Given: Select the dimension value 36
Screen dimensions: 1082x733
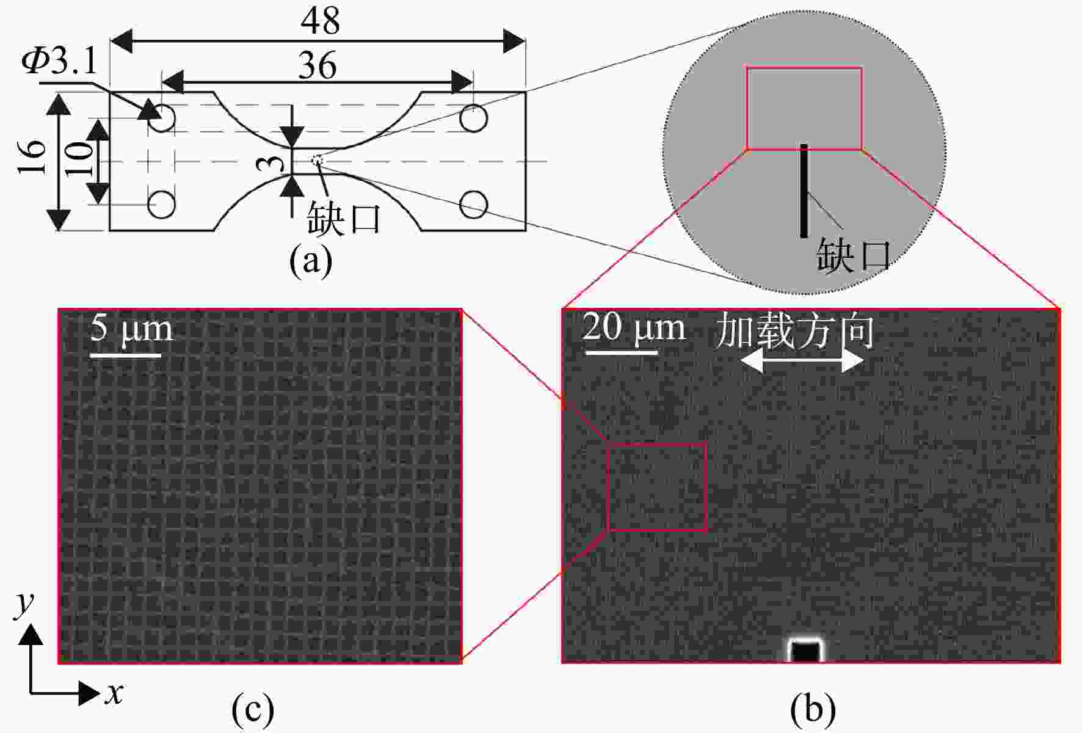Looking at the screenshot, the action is pos(318,65).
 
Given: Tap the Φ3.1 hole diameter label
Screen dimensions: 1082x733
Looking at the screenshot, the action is pos(59,61).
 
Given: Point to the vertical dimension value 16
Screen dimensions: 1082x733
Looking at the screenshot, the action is pos(32,156).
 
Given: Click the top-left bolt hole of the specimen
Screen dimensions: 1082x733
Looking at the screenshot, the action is pos(162,118).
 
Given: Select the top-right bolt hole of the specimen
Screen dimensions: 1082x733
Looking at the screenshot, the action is pos(473,118).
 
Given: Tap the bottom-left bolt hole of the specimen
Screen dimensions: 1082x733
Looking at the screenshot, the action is pos(162,205).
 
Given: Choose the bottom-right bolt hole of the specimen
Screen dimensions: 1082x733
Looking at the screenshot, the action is pos(473,205).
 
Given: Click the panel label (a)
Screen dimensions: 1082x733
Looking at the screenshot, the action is pos(311,260).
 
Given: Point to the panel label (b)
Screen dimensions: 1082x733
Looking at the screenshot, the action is pos(813,709).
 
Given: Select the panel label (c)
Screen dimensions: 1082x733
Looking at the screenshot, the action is pos(253,709).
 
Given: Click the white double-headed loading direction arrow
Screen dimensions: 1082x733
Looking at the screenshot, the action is pos(802,362).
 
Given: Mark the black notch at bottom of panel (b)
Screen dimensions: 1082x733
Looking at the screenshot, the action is pos(804,651).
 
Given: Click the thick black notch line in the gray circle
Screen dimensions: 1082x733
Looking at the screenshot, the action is pos(804,191).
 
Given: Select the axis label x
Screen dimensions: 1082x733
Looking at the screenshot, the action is pos(114,694).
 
